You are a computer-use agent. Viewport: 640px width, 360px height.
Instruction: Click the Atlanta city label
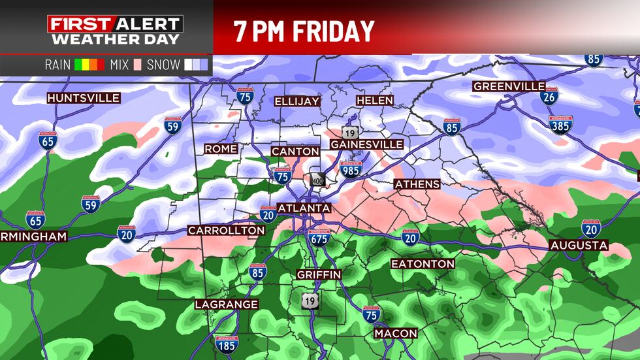pos(304,208)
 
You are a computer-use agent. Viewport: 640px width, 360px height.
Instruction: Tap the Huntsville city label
pos(84,98)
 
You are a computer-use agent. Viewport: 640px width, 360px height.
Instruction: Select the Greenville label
pos(509,87)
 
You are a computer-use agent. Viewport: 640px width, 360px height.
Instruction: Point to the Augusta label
pos(579,246)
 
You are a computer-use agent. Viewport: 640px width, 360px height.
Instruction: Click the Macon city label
pos(396,334)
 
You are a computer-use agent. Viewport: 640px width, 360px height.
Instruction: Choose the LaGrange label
pos(227,304)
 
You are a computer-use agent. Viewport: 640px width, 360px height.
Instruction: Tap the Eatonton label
pos(423,264)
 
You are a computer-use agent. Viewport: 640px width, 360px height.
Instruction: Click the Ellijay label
pos(297,101)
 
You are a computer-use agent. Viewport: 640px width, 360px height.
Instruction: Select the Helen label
pos(375,101)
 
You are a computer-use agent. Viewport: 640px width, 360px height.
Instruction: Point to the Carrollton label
pos(226,230)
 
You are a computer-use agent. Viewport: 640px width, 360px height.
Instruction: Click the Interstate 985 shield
pos(351,169)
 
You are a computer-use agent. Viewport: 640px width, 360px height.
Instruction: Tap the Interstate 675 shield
pos(319,237)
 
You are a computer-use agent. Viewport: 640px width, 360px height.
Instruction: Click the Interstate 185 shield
pos(226,343)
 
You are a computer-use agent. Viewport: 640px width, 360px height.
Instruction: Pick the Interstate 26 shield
pos(549,97)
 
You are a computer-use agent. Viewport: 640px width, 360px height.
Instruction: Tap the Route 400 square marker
pos(318,179)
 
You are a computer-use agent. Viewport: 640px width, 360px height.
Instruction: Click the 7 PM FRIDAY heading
pos(304,31)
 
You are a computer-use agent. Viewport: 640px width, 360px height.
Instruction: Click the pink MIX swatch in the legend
pos(137,65)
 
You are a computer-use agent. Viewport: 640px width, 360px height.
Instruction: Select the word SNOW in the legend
pos(163,65)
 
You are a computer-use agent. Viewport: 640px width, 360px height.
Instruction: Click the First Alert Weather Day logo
pos(115,30)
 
